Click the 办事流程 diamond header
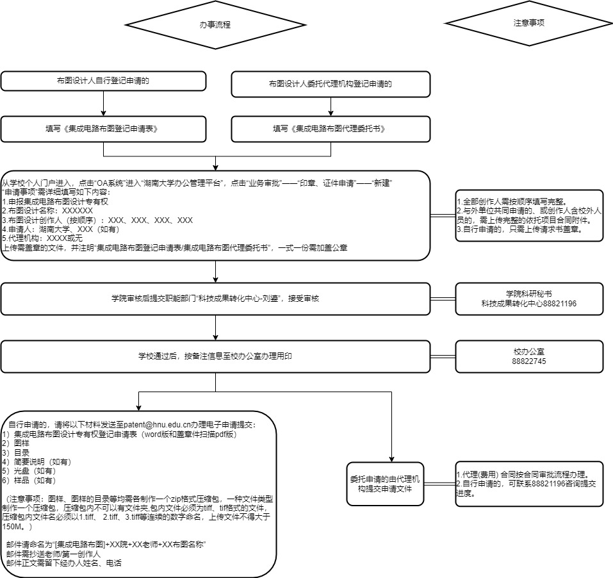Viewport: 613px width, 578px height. pyautogui.click(x=215, y=25)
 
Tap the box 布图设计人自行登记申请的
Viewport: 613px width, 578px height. pyautogui.click(x=103, y=81)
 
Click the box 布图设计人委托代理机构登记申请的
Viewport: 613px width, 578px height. pyautogui.click(x=331, y=83)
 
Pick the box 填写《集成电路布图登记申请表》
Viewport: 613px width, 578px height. pyautogui.click(x=103, y=129)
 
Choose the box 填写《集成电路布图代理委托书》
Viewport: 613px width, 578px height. pyautogui.click(x=331, y=129)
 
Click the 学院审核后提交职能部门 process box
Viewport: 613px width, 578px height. pyautogui.click(x=215, y=299)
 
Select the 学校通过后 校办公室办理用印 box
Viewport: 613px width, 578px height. pyautogui.click(x=215, y=356)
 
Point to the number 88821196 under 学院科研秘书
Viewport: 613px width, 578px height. pyautogui.click(x=559, y=303)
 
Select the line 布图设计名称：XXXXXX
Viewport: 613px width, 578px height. pyautogui.click(x=48, y=210)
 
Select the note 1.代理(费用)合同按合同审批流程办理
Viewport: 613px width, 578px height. pyautogui.click(x=522, y=475)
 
